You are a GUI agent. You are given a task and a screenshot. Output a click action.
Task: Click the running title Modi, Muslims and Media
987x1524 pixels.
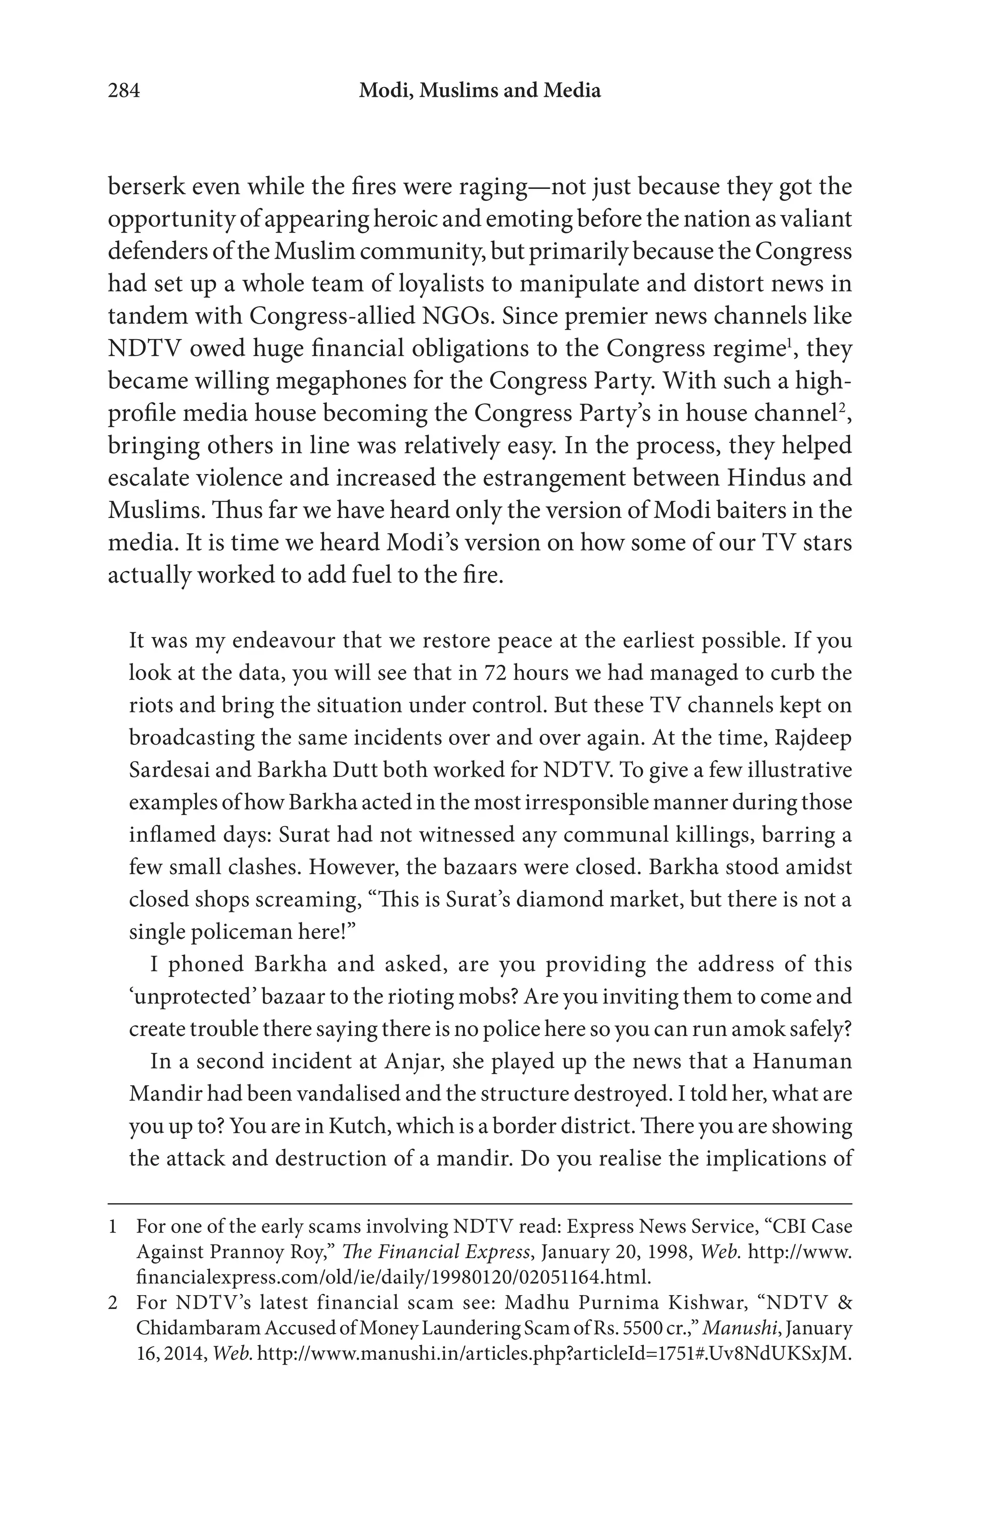coord(480,91)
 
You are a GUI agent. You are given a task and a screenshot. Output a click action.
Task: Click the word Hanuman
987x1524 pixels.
coord(802,1061)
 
